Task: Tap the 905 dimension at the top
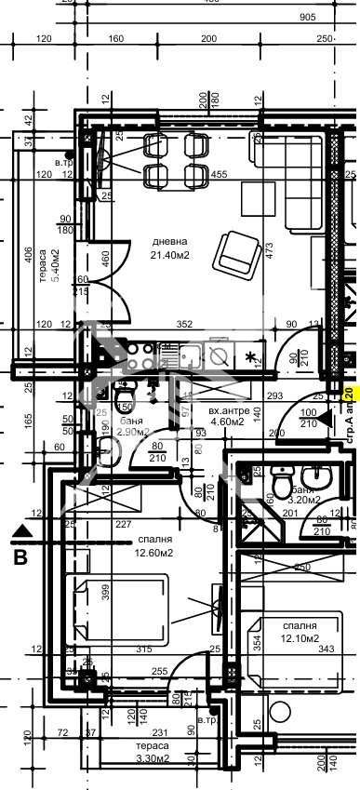point(307,17)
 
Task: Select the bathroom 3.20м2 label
point(303,497)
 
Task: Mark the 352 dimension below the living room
point(183,325)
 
